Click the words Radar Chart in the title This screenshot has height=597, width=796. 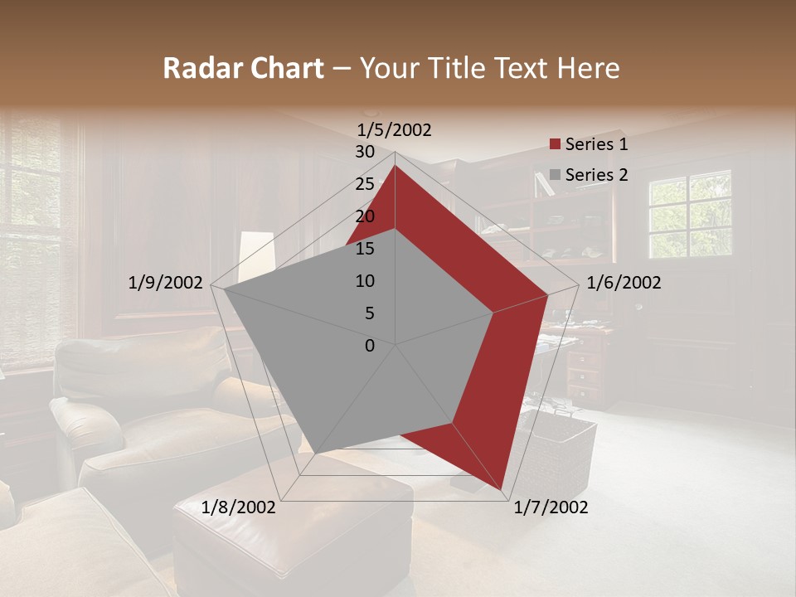[243, 69]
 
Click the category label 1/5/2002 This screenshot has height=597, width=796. [395, 130]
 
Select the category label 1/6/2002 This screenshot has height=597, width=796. [624, 283]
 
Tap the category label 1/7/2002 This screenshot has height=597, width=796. [551, 507]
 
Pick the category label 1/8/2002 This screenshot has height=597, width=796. [239, 507]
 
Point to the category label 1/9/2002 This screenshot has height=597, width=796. [166, 283]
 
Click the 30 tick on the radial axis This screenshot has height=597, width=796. [365, 152]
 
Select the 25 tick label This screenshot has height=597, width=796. [365, 184]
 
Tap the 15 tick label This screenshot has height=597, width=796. [365, 249]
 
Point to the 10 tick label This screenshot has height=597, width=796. [365, 281]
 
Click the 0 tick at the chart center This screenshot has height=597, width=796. [370, 346]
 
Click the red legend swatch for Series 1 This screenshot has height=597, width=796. [555, 145]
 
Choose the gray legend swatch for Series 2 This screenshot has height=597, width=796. [555, 176]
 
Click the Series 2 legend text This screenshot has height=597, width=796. [596, 175]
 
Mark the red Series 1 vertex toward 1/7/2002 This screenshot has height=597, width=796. [502, 489]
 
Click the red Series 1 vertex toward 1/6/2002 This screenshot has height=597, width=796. [547, 294]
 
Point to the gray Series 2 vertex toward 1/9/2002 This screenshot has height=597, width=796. [223, 289]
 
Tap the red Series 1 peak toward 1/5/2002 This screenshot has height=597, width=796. [395, 166]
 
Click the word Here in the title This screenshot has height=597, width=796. [589, 69]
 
